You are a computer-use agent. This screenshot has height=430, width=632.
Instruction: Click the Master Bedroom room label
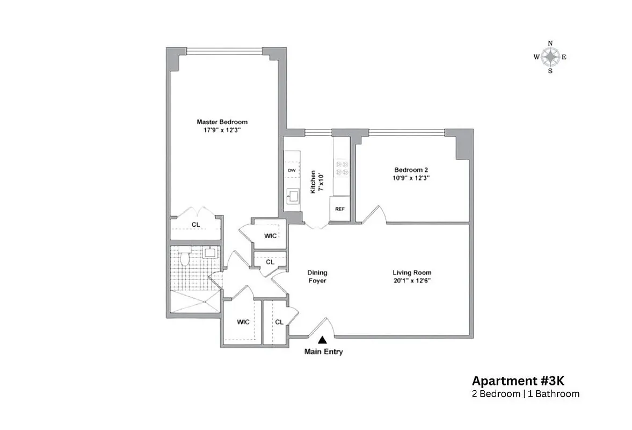click(x=222, y=122)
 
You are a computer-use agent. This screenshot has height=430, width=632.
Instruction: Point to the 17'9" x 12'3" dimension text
click(x=222, y=130)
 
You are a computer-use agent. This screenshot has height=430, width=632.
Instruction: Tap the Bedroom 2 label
click(x=411, y=169)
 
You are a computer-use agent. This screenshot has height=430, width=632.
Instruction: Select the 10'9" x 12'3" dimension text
click(x=411, y=177)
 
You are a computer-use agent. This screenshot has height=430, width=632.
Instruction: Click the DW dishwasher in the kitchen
click(x=292, y=170)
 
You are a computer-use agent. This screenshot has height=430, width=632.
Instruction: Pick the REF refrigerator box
click(x=339, y=209)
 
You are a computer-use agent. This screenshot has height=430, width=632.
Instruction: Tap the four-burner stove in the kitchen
click(x=342, y=168)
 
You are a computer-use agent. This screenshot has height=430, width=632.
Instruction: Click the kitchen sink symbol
click(x=293, y=196)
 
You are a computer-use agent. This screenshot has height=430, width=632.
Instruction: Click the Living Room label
click(x=412, y=273)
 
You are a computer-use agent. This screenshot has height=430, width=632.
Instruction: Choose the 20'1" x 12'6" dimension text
click(x=412, y=281)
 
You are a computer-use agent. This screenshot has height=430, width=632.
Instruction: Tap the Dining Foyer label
click(x=317, y=276)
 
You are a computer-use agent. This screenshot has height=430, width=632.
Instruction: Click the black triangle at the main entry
click(x=323, y=340)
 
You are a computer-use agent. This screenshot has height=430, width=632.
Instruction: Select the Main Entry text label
click(x=323, y=352)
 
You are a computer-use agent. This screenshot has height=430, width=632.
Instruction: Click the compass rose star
click(x=550, y=56)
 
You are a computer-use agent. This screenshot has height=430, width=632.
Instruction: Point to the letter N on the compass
click(x=550, y=43)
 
